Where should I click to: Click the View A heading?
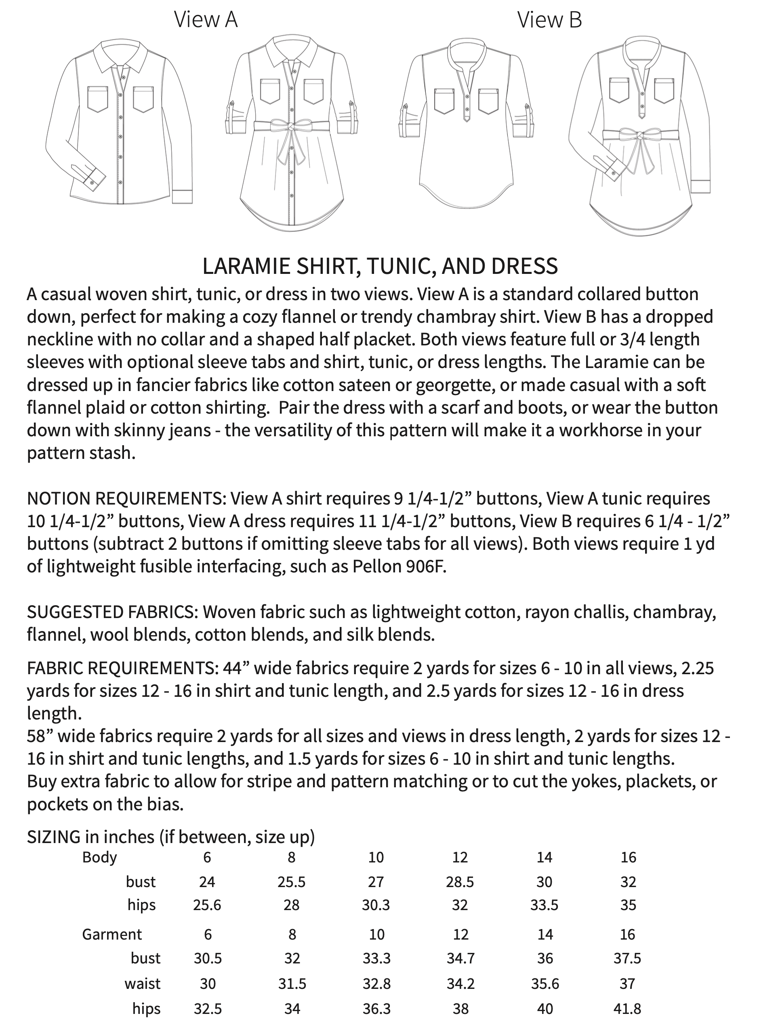(x=206, y=20)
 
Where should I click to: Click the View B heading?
(x=549, y=20)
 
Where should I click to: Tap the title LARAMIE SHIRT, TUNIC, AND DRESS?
(x=380, y=266)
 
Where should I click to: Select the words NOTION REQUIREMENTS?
(x=126, y=498)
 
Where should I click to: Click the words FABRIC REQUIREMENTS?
(x=122, y=668)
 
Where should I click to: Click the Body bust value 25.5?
(x=291, y=882)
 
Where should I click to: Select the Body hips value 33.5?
(x=545, y=905)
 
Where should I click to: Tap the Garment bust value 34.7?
(x=460, y=958)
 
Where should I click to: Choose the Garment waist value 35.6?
(x=545, y=984)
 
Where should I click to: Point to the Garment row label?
(x=112, y=934)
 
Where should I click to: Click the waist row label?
(x=142, y=984)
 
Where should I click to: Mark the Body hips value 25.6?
(x=207, y=905)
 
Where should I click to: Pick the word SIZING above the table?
(x=54, y=837)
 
